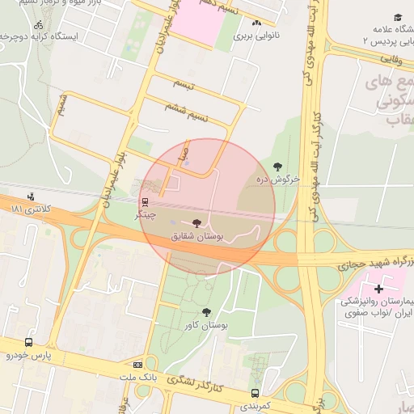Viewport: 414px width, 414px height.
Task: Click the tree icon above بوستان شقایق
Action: click(x=197, y=223)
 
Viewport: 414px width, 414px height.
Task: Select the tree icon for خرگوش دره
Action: click(x=277, y=167)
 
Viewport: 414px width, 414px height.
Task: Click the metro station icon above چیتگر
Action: click(x=146, y=202)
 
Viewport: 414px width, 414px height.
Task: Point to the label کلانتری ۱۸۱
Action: click(x=30, y=209)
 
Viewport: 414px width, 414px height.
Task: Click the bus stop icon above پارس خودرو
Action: click(x=29, y=342)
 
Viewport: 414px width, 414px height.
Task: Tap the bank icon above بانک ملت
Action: click(x=137, y=365)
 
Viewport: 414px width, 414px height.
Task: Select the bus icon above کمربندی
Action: click(x=256, y=393)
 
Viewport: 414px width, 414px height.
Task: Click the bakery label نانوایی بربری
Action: click(x=256, y=36)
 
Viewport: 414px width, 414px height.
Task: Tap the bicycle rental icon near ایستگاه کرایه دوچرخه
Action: click(x=39, y=24)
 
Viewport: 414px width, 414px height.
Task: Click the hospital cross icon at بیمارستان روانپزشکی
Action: click(x=378, y=289)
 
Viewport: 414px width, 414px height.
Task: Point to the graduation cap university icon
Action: click(x=398, y=18)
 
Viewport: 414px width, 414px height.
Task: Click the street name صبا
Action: click(x=185, y=152)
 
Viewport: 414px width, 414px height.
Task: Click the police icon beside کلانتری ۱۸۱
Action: click(x=31, y=196)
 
